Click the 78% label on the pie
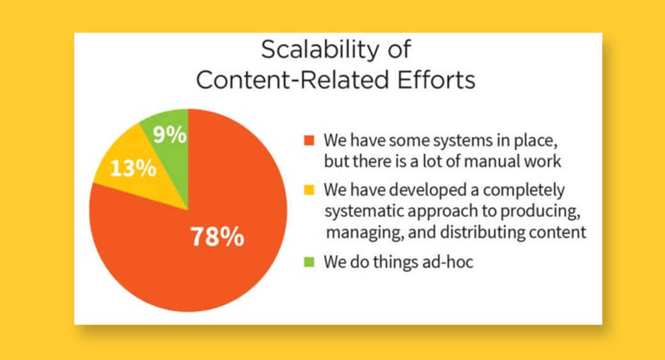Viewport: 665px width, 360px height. tap(217, 236)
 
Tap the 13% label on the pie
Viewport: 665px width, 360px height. tap(133, 168)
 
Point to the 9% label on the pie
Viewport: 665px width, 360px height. tap(169, 134)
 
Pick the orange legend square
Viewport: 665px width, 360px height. tap(309, 140)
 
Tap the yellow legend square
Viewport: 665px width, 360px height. tap(309, 189)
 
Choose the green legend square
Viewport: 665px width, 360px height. tap(309, 262)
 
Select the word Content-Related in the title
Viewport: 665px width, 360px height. tap(293, 79)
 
